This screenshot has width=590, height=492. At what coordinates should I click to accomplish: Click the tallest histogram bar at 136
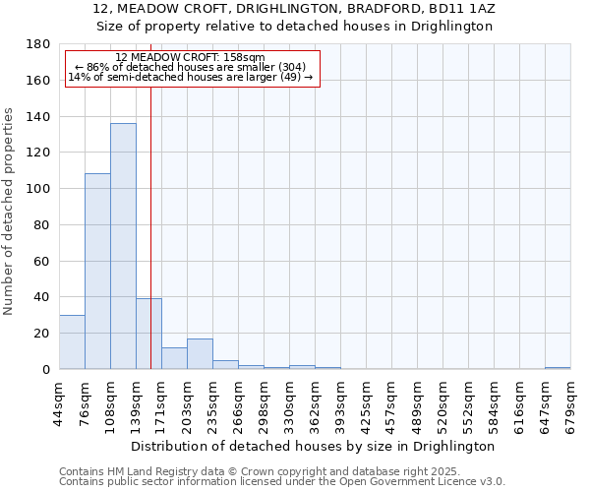click(x=123, y=246)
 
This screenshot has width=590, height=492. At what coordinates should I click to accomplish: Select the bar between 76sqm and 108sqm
click(x=97, y=272)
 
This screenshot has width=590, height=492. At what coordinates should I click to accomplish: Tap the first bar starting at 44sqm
click(x=72, y=341)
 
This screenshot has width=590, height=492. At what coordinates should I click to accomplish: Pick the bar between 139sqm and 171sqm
click(x=148, y=334)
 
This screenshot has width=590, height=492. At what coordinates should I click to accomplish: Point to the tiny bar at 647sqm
click(x=558, y=368)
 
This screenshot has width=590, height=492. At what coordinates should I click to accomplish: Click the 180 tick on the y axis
click(x=39, y=44)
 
